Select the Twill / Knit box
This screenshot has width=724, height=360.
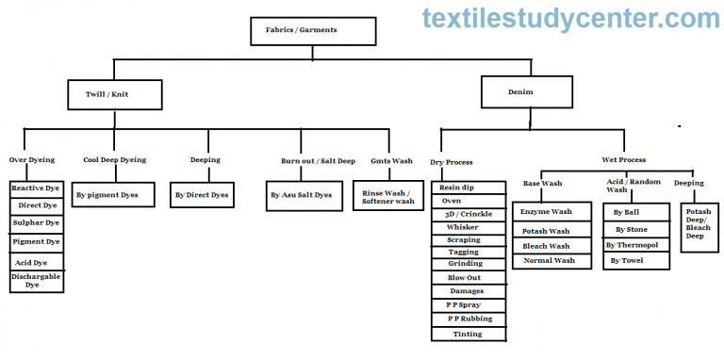click(x=116, y=94)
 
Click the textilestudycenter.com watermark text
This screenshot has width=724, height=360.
click(x=570, y=17)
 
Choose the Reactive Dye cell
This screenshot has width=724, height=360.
click(x=37, y=188)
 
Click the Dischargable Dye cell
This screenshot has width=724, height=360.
click(x=37, y=280)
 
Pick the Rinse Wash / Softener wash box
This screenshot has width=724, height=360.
click(x=387, y=196)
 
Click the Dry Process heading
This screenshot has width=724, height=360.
click(x=452, y=162)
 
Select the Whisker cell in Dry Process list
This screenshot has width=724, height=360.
click(x=469, y=227)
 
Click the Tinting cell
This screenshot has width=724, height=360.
click(x=469, y=334)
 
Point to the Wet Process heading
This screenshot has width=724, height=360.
click(x=624, y=159)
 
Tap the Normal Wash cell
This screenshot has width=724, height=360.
click(x=548, y=260)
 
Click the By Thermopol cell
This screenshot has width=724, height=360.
click(x=635, y=245)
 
